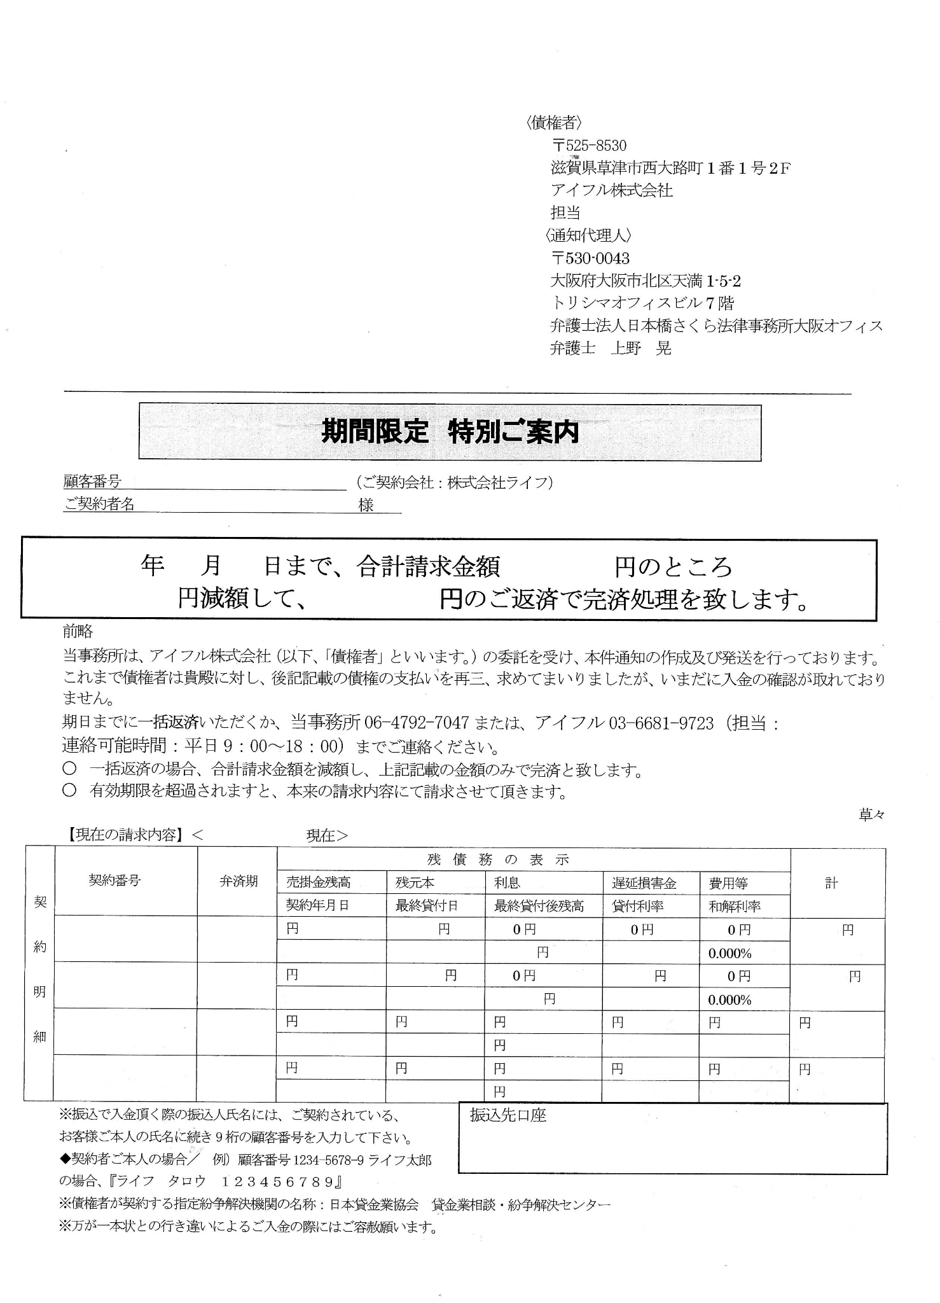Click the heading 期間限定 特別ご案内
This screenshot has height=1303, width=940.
(x=450, y=432)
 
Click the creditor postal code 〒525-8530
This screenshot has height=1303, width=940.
(x=589, y=146)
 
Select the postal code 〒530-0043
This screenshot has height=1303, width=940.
(x=590, y=258)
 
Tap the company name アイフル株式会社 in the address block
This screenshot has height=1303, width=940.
(x=611, y=190)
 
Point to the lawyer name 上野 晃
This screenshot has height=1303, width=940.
(x=640, y=348)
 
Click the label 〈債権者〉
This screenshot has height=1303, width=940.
(x=554, y=123)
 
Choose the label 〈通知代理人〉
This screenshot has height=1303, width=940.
(x=588, y=235)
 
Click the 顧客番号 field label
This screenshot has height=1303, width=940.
(x=93, y=482)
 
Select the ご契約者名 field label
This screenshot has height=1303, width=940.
(x=99, y=505)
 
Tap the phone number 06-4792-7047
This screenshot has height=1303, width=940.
(x=417, y=723)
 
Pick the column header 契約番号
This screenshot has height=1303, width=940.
(x=114, y=881)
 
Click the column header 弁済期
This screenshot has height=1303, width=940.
(x=238, y=881)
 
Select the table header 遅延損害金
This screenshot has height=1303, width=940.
(x=644, y=883)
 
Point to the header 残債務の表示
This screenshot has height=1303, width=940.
(x=498, y=860)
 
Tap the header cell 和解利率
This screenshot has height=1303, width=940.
(x=735, y=906)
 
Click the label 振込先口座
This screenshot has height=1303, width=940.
(x=508, y=1115)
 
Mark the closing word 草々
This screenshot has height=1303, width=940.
(x=871, y=815)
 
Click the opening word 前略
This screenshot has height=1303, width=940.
(x=78, y=631)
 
